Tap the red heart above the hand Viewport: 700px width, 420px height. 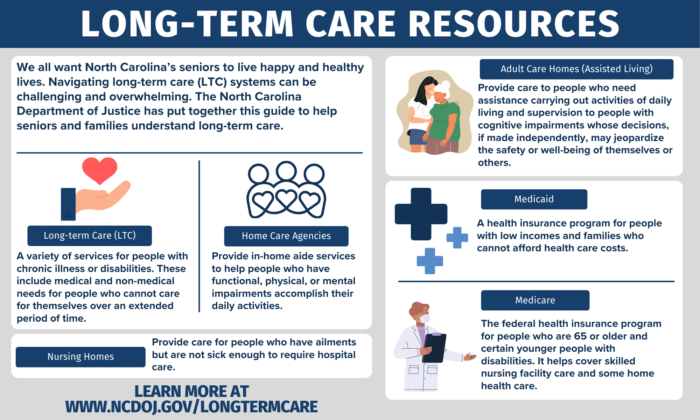point(100,170)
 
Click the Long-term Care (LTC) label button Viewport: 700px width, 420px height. point(90,236)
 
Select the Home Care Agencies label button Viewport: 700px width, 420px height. point(286,236)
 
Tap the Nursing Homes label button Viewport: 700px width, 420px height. point(80,357)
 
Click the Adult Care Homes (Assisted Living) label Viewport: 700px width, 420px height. point(576,69)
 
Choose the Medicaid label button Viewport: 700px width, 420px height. point(534,199)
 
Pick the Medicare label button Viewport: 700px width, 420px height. point(535,300)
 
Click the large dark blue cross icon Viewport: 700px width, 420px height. point(421,214)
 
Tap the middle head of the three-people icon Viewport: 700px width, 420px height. point(286,171)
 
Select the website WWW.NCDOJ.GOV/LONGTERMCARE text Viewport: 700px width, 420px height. point(191,407)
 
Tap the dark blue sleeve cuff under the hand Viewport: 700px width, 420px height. point(68,204)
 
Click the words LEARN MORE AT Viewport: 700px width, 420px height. point(191,391)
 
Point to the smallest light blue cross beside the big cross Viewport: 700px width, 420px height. point(457,238)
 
